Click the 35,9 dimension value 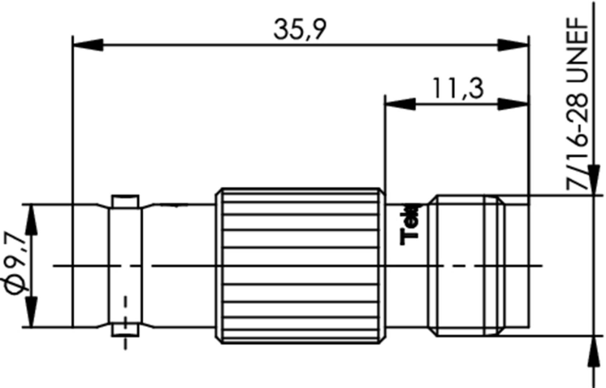click(300, 29)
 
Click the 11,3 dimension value click(458, 89)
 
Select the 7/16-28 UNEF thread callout click(577, 104)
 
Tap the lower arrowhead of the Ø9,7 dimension click(32, 312)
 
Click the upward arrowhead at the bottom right click(595, 352)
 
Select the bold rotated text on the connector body click(410, 225)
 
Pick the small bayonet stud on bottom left click(125, 330)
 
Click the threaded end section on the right click(466, 265)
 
